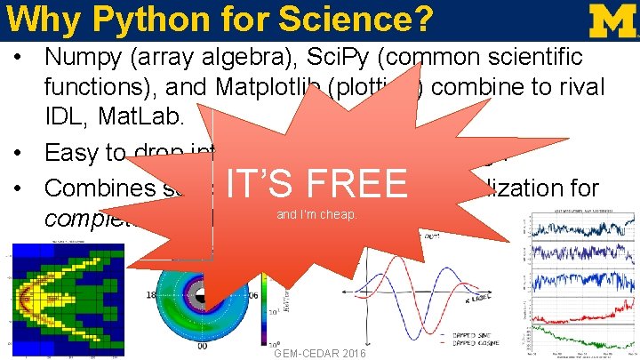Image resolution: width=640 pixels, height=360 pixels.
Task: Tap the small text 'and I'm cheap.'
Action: [x=317, y=214]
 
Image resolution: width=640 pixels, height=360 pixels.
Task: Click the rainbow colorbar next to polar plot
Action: [x=264, y=307]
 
